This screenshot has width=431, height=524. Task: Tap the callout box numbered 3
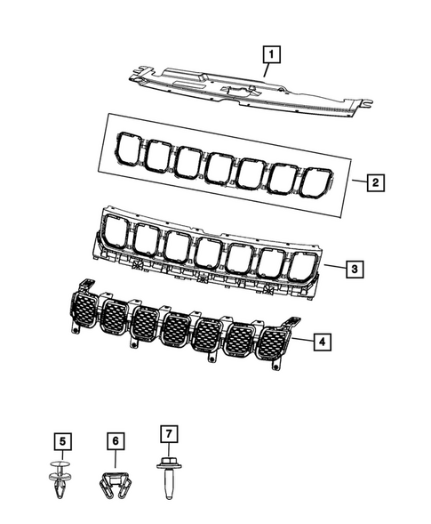353,268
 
